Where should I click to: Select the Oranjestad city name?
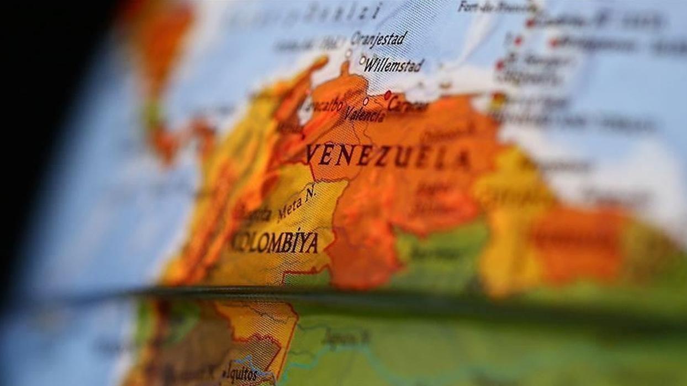[x=379, y=39]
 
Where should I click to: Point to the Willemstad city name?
[x=394, y=66]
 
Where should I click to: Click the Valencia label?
[x=364, y=115]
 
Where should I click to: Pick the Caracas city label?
[x=408, y=105]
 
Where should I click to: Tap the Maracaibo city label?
[x=323, y=106]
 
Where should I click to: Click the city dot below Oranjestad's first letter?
[x=348, y=53]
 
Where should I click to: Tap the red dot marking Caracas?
[x=388, y=94]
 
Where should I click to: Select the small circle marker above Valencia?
[x=365, y=101]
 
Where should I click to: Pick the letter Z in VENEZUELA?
[x=383, y=156]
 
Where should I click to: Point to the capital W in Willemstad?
[x=371, y=65]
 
